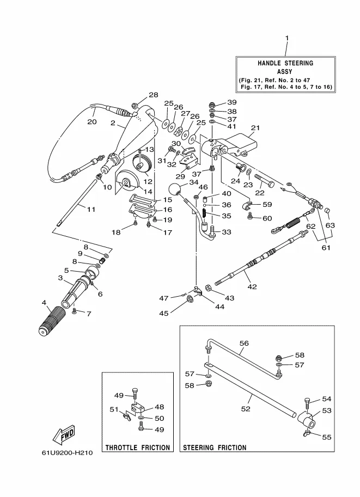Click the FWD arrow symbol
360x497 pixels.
(x=65, y=434)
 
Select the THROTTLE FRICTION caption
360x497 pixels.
(x=138, y=447)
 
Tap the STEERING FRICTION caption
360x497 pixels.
(x=214, y=447)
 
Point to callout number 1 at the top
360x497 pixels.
(x=287, y=38)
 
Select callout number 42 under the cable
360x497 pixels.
(x=252, y=286)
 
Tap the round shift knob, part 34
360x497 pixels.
(x=175, y=191)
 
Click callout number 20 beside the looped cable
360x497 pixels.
(x=92, y=121)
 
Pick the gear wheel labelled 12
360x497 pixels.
(x=142, y=163)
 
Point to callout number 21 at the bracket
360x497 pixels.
(x=253, y=128)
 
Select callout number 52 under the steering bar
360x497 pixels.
(x=246, y=408)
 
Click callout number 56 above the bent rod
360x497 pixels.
(x=243, y=343)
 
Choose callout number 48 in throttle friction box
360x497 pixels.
(x=159, y=407)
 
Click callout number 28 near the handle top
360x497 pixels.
(x=153, y=95)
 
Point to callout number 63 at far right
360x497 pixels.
(x=330, y=225)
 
